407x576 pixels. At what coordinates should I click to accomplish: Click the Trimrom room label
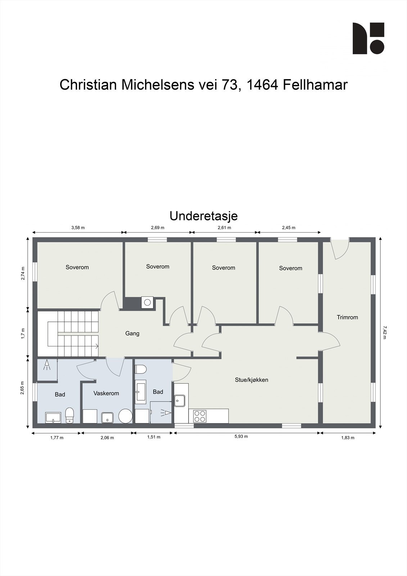[347, 317]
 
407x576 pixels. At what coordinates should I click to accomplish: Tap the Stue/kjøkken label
[252, 380]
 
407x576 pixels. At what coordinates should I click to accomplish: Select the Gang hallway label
[132, 333]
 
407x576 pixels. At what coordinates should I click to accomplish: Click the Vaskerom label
[106, 393]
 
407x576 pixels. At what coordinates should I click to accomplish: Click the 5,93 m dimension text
[241, 436]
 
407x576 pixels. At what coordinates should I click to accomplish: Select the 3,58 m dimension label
[78, 228]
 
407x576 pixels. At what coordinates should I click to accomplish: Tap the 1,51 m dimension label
[154, 437]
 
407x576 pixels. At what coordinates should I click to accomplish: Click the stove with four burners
[199, 416]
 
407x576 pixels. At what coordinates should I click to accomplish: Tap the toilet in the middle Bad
[141, 370]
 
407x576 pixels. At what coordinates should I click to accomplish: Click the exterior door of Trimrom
[340, 248]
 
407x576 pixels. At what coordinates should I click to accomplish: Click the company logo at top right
[368, 38]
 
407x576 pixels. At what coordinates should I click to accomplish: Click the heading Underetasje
[203, 216]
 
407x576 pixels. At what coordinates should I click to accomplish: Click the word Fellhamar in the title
[315, 85]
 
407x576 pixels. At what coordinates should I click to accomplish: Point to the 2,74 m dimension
[23, 273]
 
